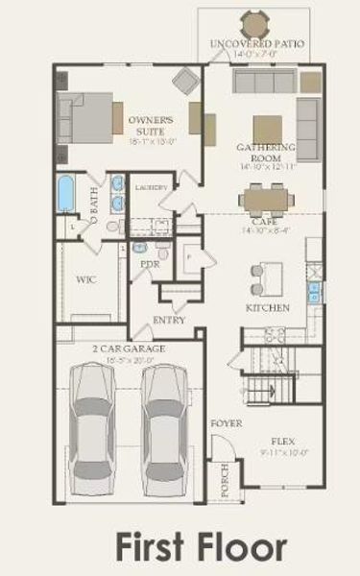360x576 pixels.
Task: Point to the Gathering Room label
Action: [x=265, y=153]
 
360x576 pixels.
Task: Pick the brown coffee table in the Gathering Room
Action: [x=268, y=128]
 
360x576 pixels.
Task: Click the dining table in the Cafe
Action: [x=265, y=199]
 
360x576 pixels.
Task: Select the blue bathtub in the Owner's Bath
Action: [x=66, y=193]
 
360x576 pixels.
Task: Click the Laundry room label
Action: [x=152, y=187]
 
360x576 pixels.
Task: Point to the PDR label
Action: [x=149, y=262]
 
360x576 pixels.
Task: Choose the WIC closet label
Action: [x=84, y=280]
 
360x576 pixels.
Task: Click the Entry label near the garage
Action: [x=169, y=320]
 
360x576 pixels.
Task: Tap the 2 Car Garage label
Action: [x=129, y=348]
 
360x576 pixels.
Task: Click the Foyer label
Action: [x=226, y=422]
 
